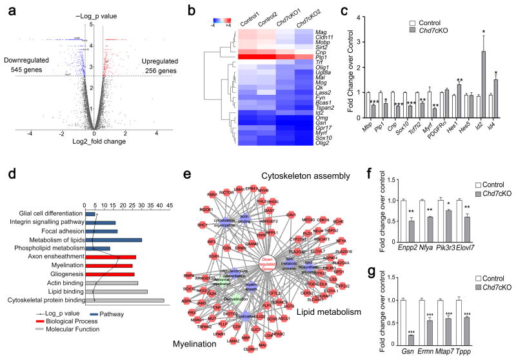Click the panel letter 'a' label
pos(6,8)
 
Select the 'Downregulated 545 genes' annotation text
pos(30,66)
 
